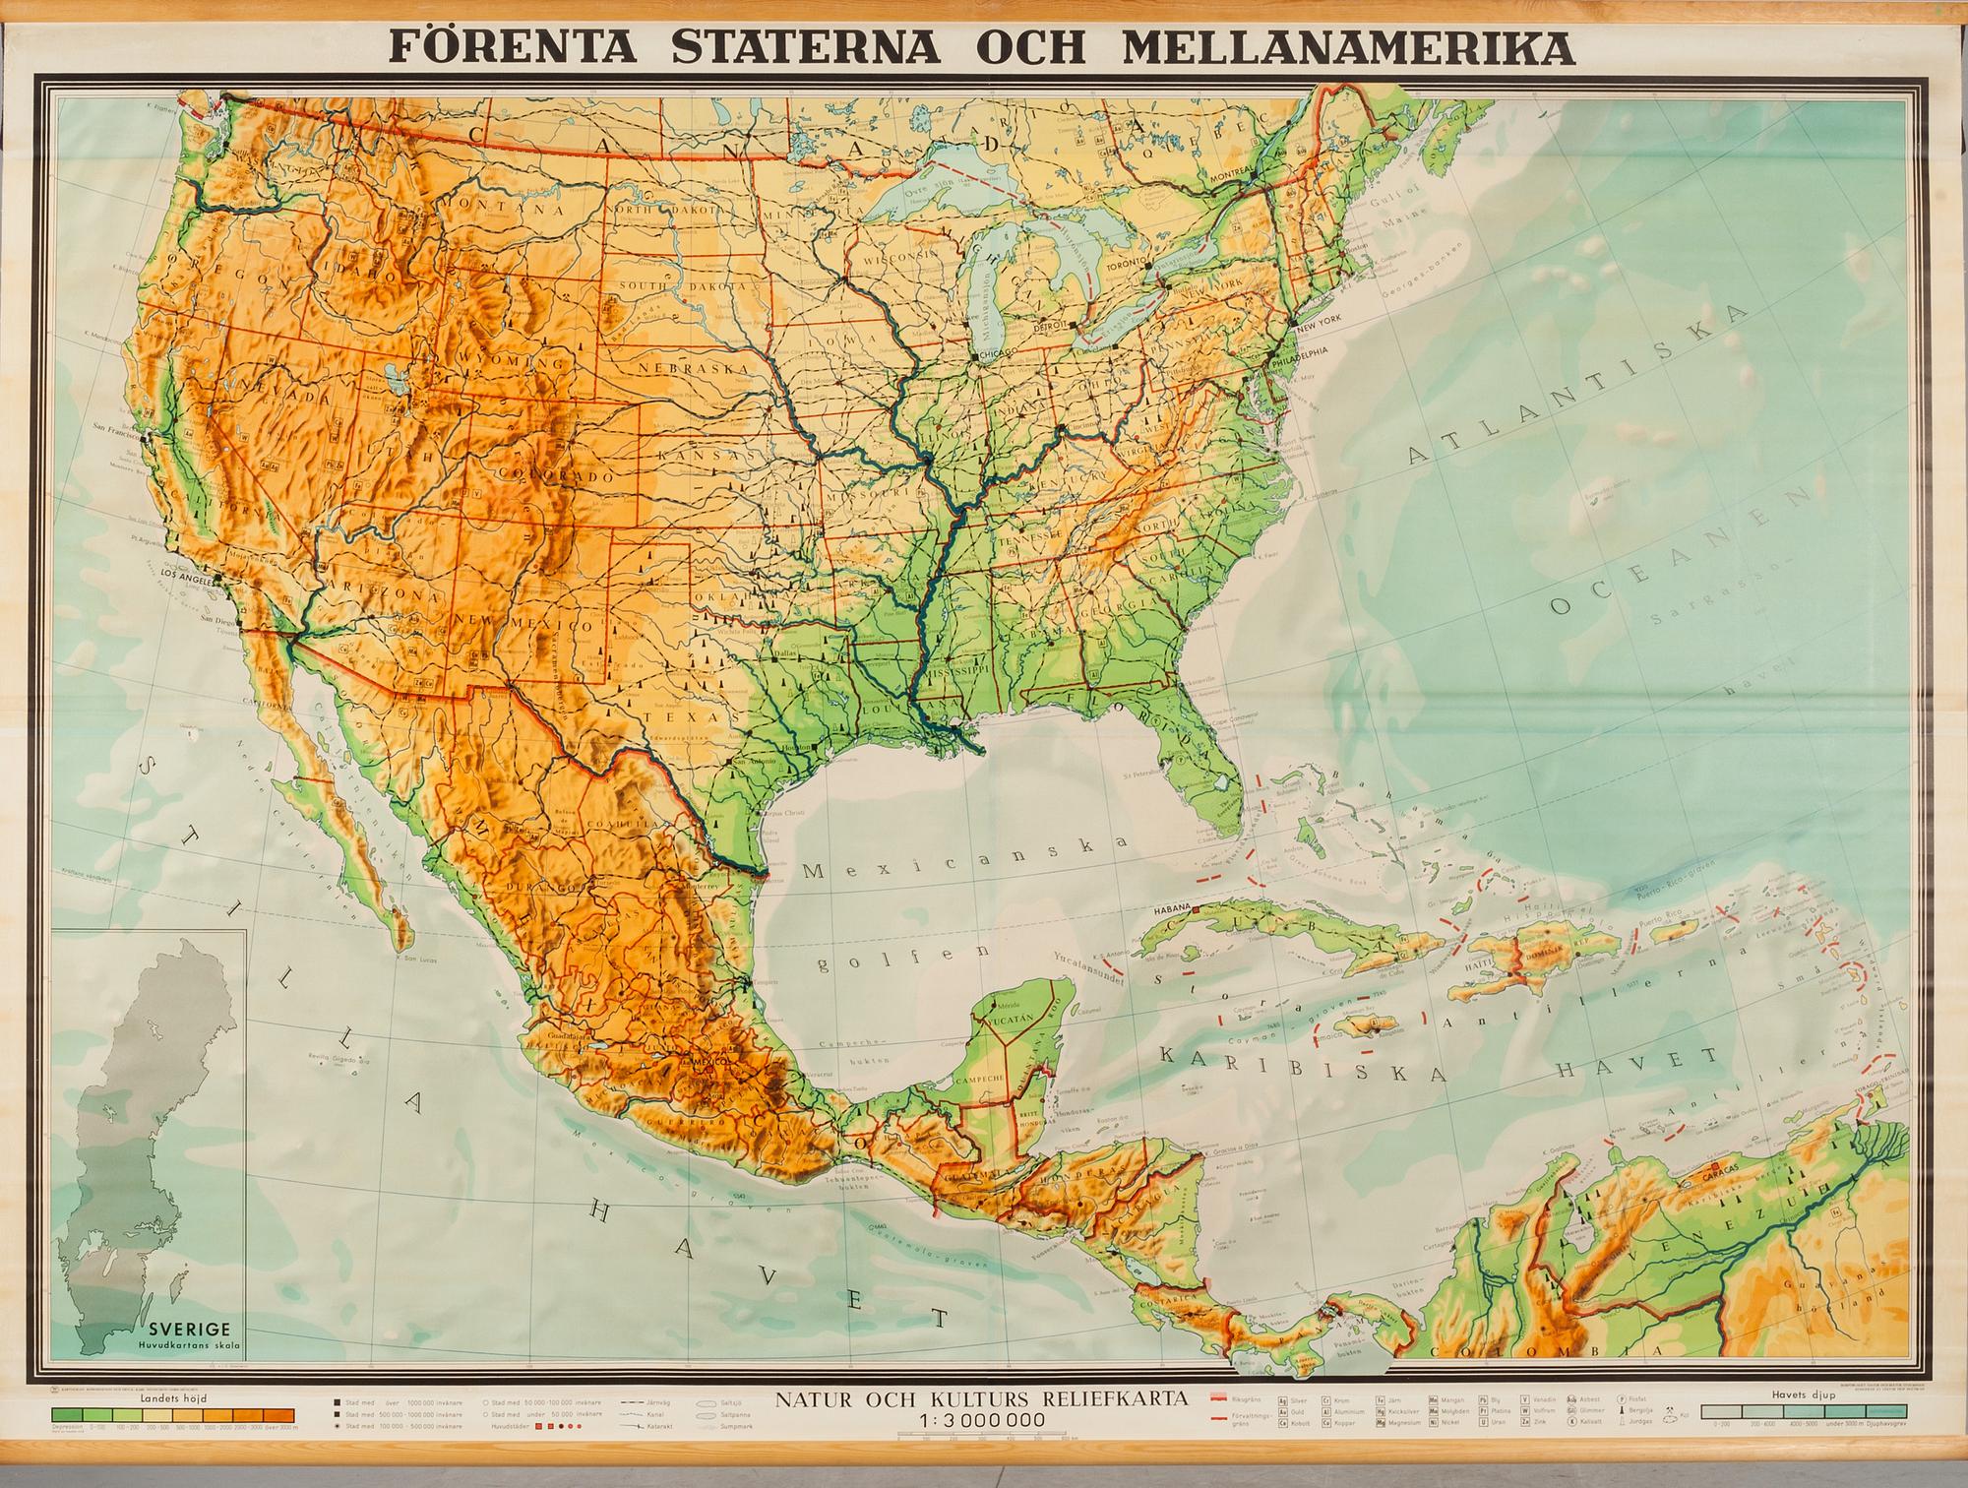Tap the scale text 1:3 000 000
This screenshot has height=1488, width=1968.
coord(980,1420)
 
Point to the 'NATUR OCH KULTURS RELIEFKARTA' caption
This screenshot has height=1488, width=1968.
coord(982,1397)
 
